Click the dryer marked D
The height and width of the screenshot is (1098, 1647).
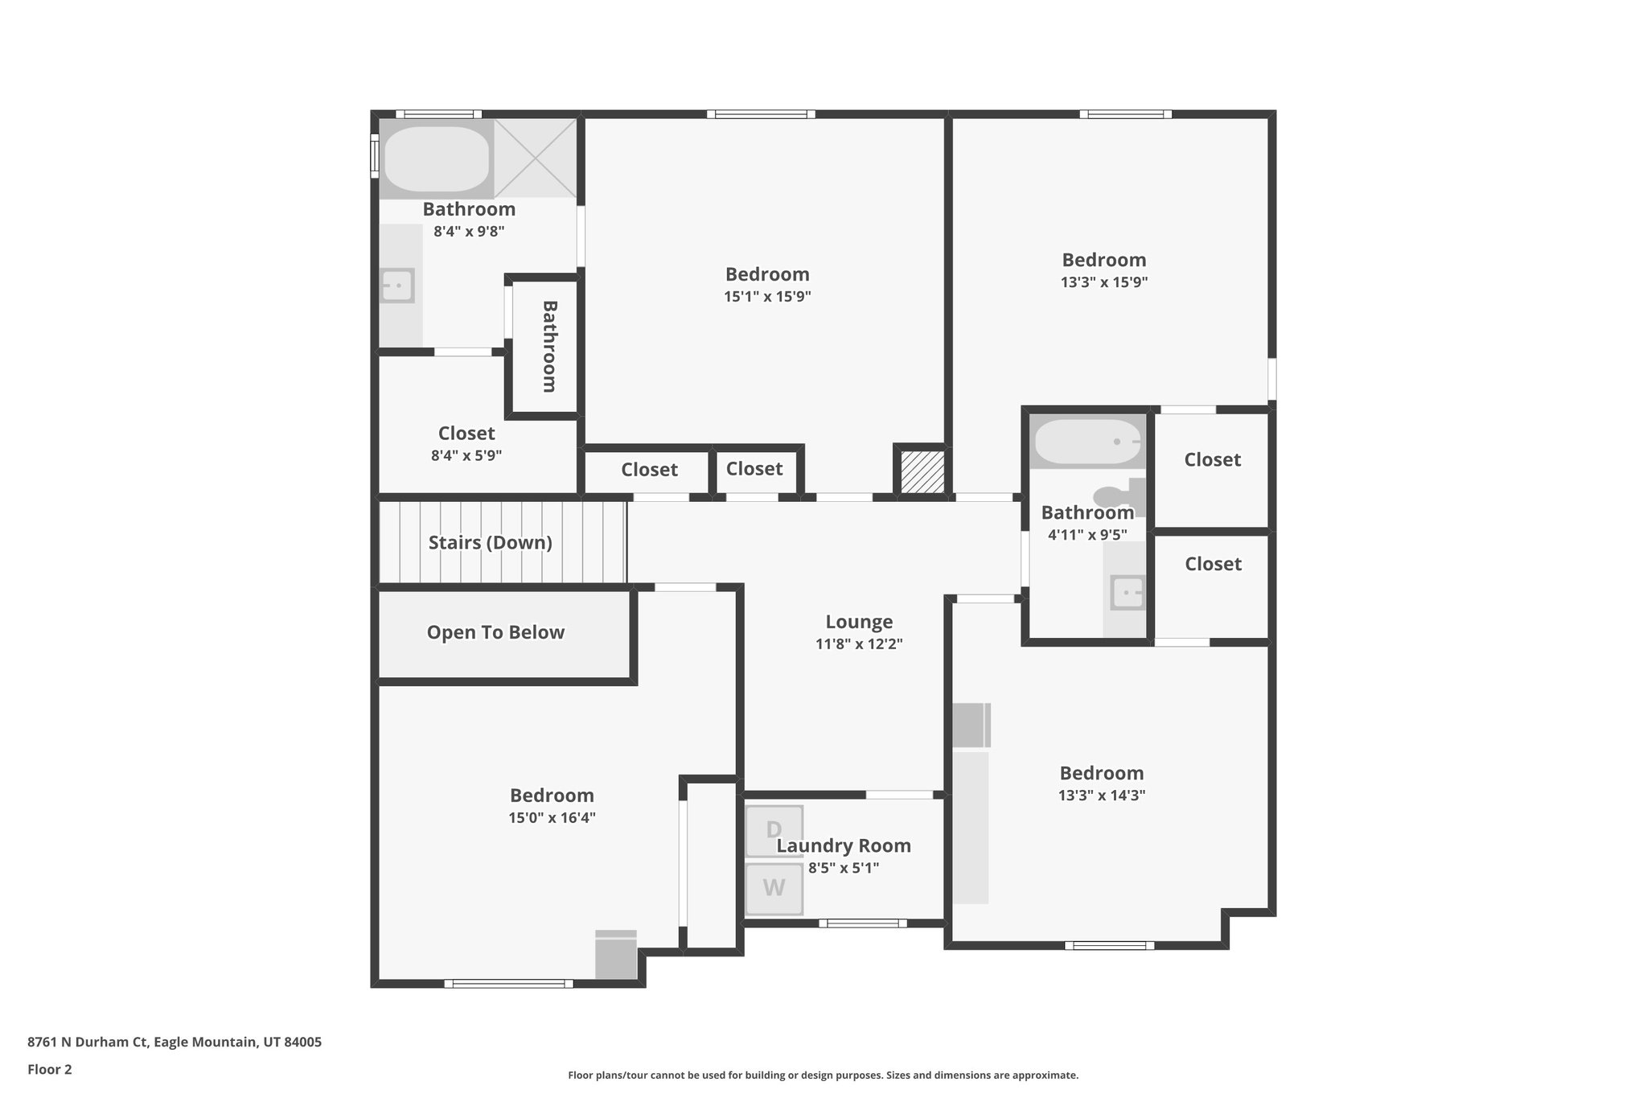[774, 831]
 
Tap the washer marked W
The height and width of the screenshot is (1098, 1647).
[774, 889]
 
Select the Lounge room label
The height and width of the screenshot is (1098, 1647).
[859, 622]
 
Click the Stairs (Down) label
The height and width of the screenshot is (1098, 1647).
[490, 543]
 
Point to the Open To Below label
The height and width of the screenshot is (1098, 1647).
[495, 633]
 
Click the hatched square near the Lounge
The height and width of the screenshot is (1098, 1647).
[922, 471]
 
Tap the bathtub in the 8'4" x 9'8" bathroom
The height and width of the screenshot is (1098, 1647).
[437, 158]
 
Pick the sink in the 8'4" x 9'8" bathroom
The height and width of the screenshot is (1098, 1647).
[397, 286]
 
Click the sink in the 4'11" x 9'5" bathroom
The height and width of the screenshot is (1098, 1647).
[1127, 593]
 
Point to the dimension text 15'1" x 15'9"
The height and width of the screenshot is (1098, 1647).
[767, 297]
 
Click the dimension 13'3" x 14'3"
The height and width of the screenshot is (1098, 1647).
[1102, 796]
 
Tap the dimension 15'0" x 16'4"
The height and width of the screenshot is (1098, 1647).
[552, 818]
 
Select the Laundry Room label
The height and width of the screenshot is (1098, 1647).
[844, 846]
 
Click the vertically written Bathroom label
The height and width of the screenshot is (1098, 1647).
[549, 347]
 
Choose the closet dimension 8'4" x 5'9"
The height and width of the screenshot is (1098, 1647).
[466, 455]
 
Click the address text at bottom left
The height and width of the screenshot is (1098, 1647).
[175, 1042]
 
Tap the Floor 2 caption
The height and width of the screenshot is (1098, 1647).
[50, 1070]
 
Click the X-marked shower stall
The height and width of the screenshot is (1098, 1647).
[536, 158]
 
